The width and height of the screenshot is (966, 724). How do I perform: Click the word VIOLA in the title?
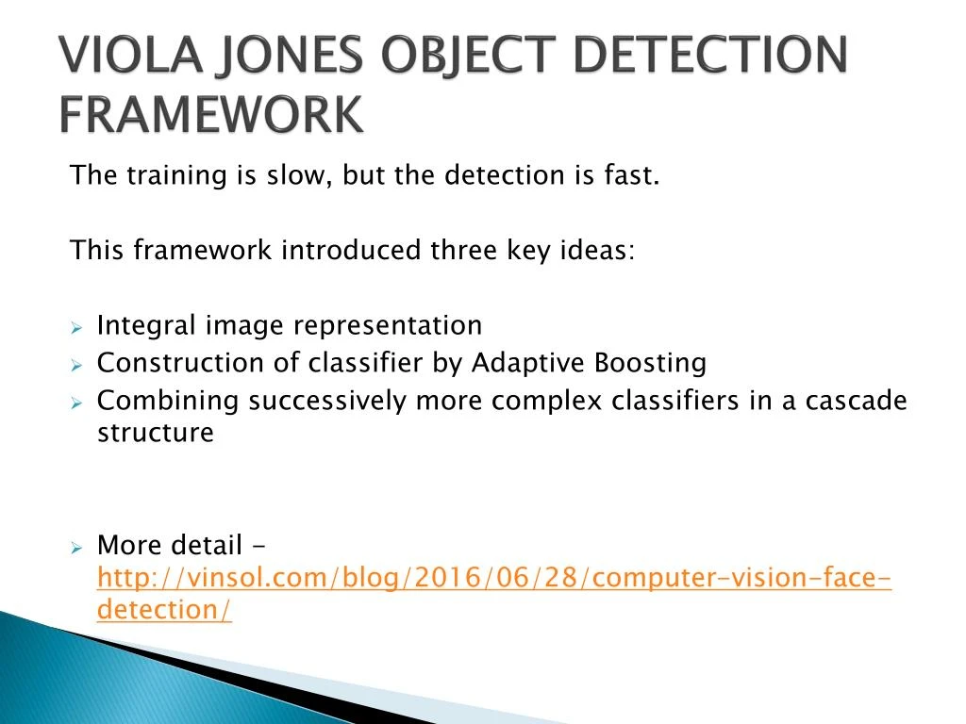click(131, 54)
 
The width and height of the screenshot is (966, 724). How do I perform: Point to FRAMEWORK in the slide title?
click(211, 114)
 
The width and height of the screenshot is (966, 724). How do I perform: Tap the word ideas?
click(597, 250)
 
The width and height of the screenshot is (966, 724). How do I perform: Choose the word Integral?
click(146, 326)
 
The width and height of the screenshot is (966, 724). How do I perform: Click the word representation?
click(380, 326)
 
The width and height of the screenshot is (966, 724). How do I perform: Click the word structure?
click(156, 433)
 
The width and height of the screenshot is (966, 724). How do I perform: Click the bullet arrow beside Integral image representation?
click(76, 327)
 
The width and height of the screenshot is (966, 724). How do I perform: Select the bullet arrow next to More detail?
click(76, 548)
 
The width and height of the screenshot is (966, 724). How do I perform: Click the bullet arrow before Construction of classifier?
click(76, 365)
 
